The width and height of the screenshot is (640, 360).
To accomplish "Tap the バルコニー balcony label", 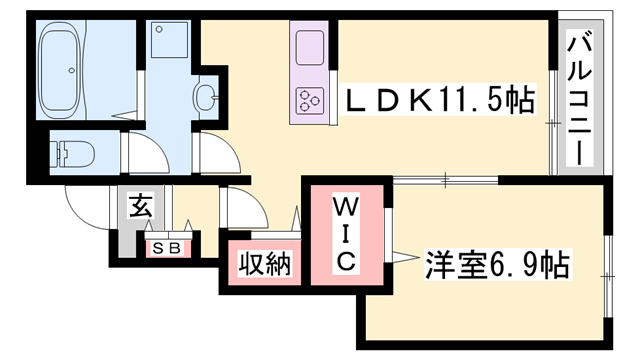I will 579,96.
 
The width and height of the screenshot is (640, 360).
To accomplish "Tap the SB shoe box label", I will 167,247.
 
